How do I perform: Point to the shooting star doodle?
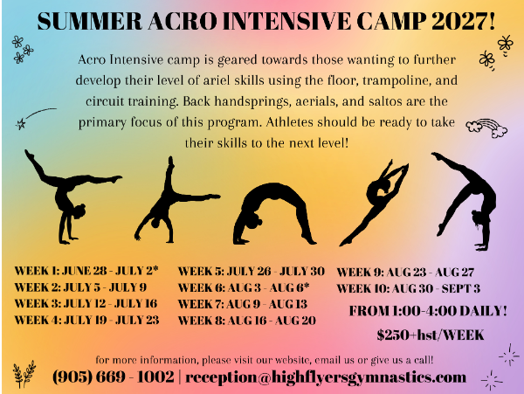[36, 119]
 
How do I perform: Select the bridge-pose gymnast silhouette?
[274, 213]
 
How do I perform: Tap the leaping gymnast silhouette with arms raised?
[375, 204]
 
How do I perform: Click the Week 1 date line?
[86, 270]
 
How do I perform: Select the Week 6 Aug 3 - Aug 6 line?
[244, 287]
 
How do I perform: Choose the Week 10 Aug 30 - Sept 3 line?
[409, 288]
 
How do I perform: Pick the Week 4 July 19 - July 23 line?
[86, 320]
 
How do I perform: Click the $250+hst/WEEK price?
[431, 335]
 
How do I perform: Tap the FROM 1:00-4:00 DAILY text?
[428, 311]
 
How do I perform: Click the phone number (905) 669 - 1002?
[114, 377]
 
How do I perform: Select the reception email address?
[326, 377]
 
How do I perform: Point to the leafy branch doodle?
[24, 374]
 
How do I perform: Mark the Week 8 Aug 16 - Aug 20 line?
[247, 321]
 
